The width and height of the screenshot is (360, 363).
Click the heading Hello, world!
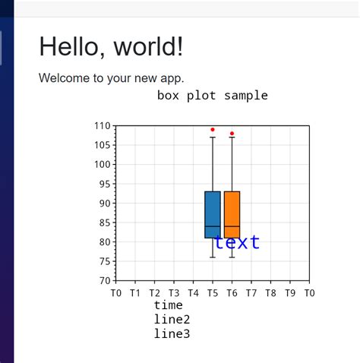(111, 47)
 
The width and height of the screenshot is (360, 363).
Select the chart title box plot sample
(212, 96)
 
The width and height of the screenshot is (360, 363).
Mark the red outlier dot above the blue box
(213, 130)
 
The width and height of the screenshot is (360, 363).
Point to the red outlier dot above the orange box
(232, 134)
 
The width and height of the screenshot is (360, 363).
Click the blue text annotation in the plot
(237, 242)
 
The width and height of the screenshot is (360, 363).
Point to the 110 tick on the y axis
(103, 126)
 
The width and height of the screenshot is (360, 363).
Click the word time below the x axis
(168, 305)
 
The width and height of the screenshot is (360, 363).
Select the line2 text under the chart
(172, 320)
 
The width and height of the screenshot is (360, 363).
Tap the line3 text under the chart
(172, 334)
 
